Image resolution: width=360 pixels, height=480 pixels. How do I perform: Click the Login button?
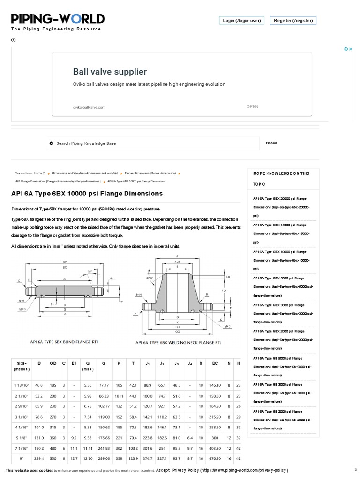click(241, 21)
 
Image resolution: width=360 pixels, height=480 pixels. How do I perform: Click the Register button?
click(295, 21)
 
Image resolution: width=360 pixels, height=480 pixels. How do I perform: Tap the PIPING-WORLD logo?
click(58, 19)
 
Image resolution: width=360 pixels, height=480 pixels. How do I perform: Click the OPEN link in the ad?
click(252, 106)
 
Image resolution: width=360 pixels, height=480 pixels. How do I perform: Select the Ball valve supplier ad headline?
click(110, 72)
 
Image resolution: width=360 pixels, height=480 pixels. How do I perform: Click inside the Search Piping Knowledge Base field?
click(155, 143)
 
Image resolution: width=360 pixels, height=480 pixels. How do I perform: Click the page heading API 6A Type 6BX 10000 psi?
click(87, 194)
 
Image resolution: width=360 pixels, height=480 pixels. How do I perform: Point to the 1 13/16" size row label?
click(22, 385)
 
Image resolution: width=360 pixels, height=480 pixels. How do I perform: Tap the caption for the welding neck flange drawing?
click(179, 343)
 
